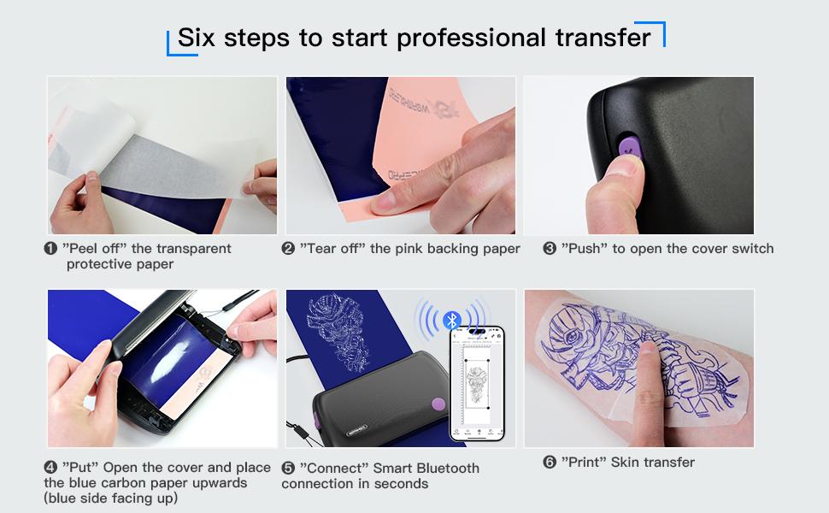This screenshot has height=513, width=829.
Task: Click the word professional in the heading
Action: pos(465,38)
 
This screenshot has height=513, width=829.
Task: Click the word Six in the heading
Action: pos(197,38)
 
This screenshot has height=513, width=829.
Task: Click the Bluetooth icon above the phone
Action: pos(453,321)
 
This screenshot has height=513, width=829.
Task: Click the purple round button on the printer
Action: pos(437,404)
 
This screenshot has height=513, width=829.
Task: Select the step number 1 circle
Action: pos(50,249)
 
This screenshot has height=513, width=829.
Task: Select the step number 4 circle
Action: pos(50,468)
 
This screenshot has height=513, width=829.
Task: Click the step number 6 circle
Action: pos(550,463)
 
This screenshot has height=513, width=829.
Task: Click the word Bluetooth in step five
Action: pos(448,468)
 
